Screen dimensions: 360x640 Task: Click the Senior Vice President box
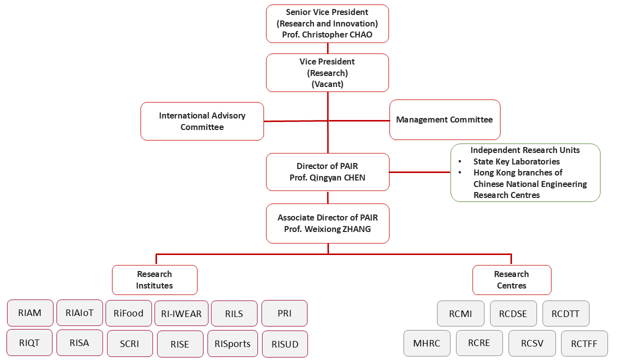click(x=327, y=23)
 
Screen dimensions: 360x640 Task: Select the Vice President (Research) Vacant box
click(x=327, y=73)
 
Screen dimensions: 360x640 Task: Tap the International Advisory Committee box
click(x=202, y=121)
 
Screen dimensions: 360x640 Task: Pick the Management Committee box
click(x=444, y=120)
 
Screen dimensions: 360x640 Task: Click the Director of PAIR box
click(x=327, y=172)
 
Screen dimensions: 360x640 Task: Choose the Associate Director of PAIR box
click(x=327, y=223)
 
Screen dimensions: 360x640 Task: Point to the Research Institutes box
click(x=154, y=280)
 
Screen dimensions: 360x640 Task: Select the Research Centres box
click(x=511, y=280)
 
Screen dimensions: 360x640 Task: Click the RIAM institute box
click(x=29, y=313)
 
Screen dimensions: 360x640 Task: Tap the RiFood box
click(x=128, y=313)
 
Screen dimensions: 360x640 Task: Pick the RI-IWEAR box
click(x=181, y=314)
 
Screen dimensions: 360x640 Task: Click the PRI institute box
click(x=284, y=313)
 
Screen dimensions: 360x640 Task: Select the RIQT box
click(x=29, y=342)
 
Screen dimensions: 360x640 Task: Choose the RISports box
click(x=232, y=343)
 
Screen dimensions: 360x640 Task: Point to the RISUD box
click(x=284, y=344)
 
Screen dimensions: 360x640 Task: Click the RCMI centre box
click(x=460, y=314)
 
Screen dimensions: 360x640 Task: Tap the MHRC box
click(x=426, y=343)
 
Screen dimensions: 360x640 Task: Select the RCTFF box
click(x=584, y=343)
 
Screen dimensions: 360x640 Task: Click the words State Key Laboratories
click(x=516, y=161)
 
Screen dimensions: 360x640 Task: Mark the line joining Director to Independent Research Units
click(x=420, y=172)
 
